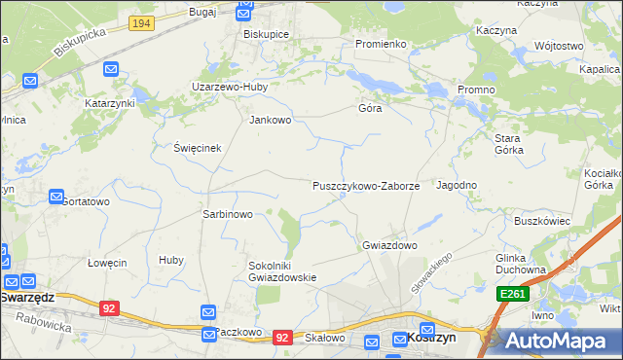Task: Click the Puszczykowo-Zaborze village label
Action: (x=365, y=185)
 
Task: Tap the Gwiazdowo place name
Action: (x=389, y=245)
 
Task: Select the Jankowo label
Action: (x=271, y=121)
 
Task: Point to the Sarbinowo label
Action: (x=227, y=214)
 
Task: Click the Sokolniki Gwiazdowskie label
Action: (x=283, y=270)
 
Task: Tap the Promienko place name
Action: (x=380, y=44)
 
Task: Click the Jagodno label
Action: (x=457, y=185)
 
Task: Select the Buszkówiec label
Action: (x=541, y=221)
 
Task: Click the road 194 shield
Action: (x=141, y=22)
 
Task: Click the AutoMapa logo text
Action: (x=563, y=342)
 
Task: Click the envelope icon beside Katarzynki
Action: (x=111, y=69)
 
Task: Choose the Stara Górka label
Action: (x=508, y=144)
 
